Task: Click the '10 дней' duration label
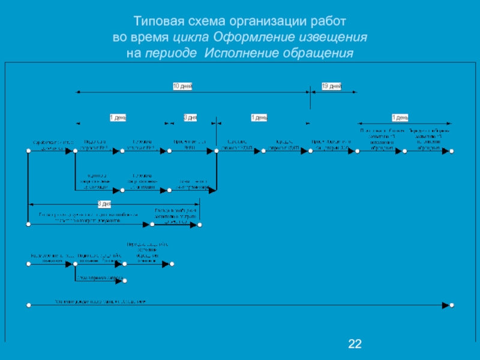pos(182,86)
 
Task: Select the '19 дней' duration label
pos(331,86)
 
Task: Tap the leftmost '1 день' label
pos(118,117)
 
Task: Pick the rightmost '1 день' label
pos(400,117)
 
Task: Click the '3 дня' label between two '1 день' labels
pos(190,117)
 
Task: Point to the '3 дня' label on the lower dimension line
pos(104,203)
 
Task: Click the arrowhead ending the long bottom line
pos(445,305)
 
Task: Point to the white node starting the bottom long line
pos(28,305)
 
